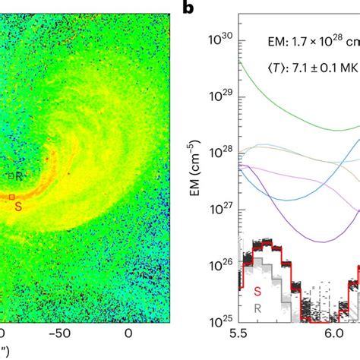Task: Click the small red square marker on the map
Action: tap(11, 197)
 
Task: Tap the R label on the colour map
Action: tap(18, 175)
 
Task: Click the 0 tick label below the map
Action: tap(128, 335)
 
